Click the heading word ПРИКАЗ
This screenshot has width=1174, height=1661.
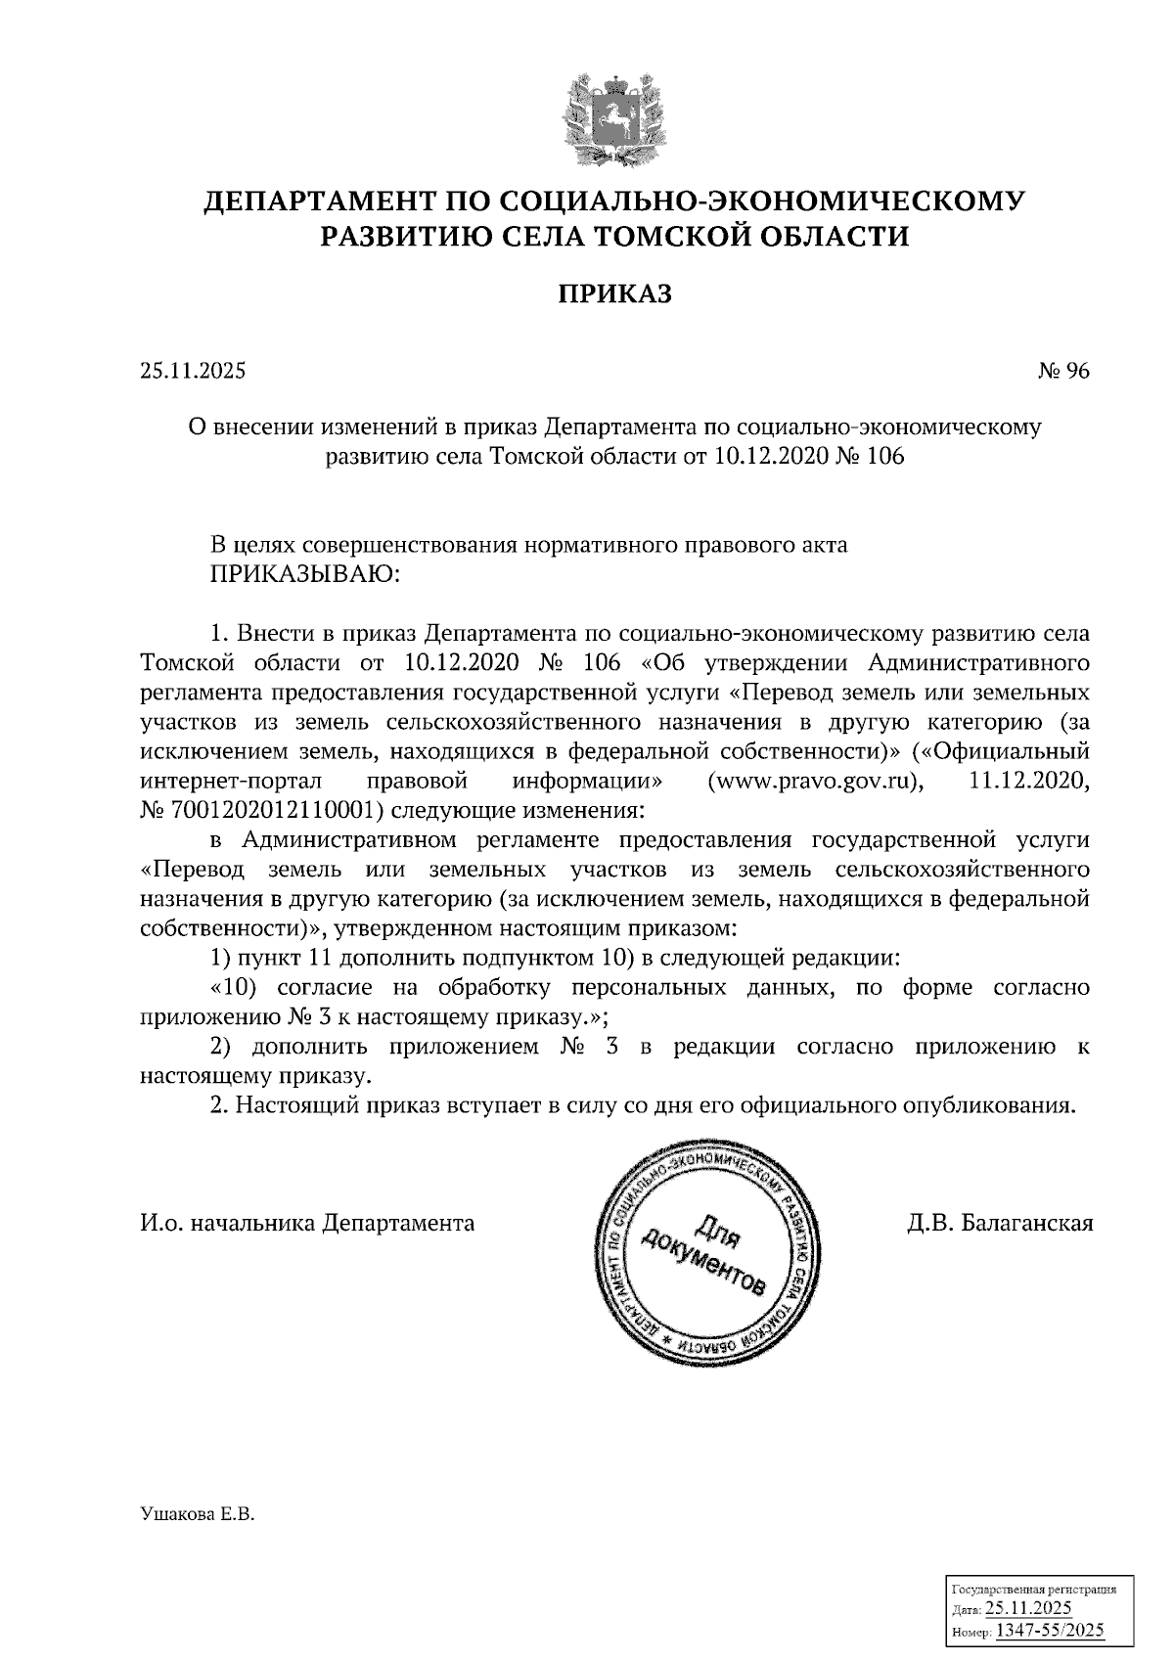point(615,294)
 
